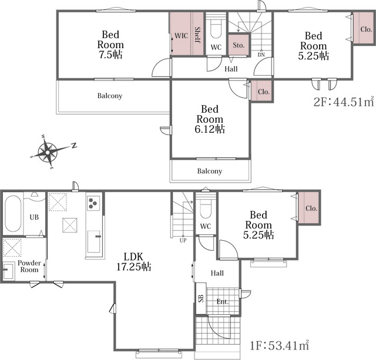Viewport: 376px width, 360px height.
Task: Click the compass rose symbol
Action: (x=48, y=152)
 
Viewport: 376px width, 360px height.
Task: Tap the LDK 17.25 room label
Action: (x=133, y=262)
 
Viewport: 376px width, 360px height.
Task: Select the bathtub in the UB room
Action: (x=13, y=214)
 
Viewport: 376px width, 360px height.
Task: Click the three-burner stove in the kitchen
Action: (x=93, y=203)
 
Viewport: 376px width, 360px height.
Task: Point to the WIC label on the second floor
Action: (x=181, y=36)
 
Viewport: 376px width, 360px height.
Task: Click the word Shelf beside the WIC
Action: (x=197, y=35)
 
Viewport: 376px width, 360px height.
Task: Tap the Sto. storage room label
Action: (x=239, y=45)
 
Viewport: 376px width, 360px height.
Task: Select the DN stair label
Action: (x=261, y=55)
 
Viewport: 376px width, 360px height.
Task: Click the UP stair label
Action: (x=183, y=240)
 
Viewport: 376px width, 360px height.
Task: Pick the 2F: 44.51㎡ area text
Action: (x=344, y=102)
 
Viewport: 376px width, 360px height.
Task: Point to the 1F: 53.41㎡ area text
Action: (x=280, y=345)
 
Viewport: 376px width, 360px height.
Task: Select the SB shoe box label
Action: (x=201, y=298)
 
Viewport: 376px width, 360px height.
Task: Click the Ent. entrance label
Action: (x=223, y=301)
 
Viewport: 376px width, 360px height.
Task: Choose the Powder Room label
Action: (x=29, y=266)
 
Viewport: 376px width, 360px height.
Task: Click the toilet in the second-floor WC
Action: (x=216, y=29)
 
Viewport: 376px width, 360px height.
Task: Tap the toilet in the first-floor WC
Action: (x=206, y=208)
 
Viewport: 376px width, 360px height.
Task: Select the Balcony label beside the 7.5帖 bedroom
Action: (x=110, y=96)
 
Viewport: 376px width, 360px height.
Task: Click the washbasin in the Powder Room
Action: (x=9, y=271)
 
